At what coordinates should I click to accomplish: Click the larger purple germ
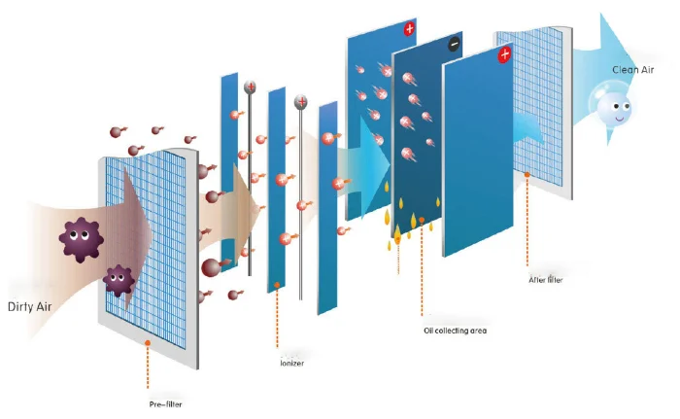click(79, 236)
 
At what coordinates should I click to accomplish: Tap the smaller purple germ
click(119, 281)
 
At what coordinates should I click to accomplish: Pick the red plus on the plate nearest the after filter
click(504, 55)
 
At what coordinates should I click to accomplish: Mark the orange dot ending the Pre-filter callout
click(147, 342)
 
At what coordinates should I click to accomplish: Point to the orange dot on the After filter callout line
click(527, 176)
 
